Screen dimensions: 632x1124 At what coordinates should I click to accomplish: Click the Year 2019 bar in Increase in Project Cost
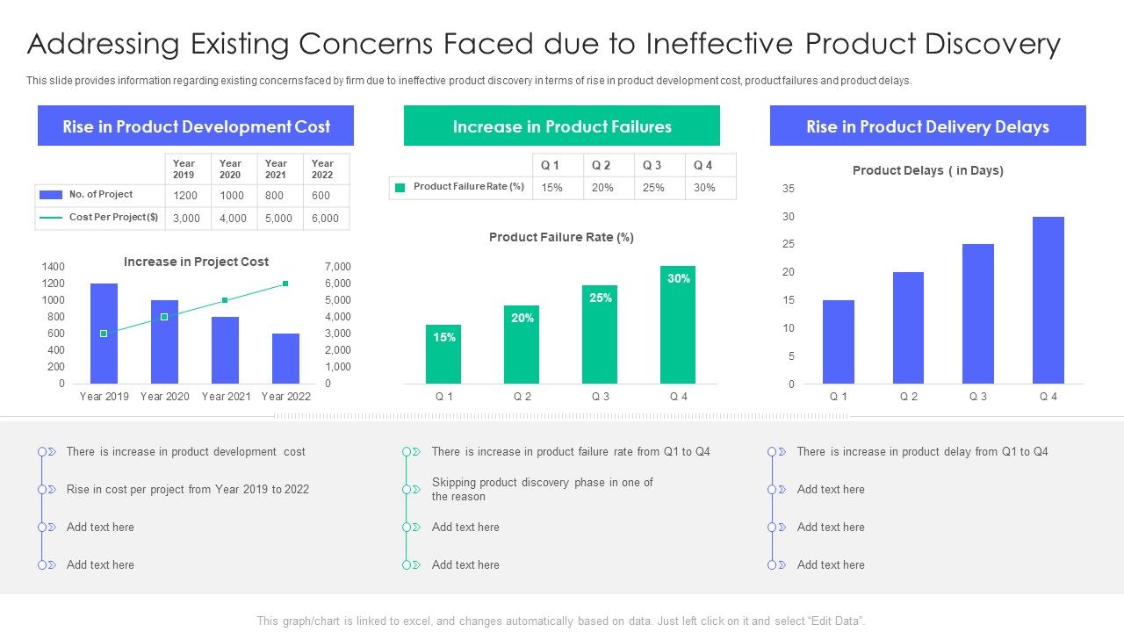pyautogui.click(x=104, y=334)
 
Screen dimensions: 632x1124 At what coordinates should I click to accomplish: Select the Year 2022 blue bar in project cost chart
pyautogui.click(x=285, y=358)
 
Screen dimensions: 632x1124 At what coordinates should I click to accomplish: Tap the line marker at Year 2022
pyautogui.click(x=285, y=284)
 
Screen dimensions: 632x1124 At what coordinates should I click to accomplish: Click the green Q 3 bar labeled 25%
pyautogui.click(x=600, y=334)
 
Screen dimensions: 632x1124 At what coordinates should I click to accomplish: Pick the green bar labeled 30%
pyautogui.click(x=678, y=325)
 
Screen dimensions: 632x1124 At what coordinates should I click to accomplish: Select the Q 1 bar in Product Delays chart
pyautogui.click(x=839, y=342)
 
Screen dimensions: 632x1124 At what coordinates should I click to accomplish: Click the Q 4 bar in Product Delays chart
pyautogui.click(x=1048, y=300)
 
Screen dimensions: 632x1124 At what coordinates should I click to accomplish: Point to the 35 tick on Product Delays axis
pyautogui.click(x=788, y=189)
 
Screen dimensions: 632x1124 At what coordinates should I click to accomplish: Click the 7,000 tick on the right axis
pyautogui.click(x=337, y=267)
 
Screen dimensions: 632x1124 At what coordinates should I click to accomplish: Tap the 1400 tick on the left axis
pyautogui.click(x=54, y=267)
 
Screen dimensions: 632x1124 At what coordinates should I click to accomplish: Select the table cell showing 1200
pyautogui.click(x=185, y=196)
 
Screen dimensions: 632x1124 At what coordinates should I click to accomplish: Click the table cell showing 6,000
pyautogui.click(x=325, y=219)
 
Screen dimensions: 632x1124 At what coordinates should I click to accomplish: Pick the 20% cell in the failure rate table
pyautogui.click(x=602, y=188)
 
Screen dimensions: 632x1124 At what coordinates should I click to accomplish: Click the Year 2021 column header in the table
pyautogui.click(x=277, y=169)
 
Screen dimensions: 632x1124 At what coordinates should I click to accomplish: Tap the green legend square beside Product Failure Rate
pyautogui.click(x=400, y=187)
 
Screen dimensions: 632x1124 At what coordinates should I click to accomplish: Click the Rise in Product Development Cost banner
pyautogui.click(x=196, y=126)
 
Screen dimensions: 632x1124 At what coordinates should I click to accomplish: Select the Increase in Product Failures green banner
pyautogui.click(x=562, y=126)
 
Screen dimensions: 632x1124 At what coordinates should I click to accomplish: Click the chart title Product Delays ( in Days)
pyautogui.click(x=927, y=170)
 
